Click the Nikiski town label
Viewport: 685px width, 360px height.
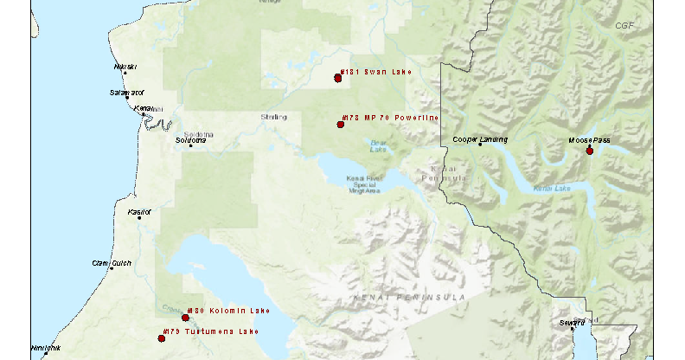click(125, 67)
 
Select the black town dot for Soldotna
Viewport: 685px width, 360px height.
click(190, 145)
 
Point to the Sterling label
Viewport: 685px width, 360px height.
click(273, 117)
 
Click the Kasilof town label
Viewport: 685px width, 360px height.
click(138, 211)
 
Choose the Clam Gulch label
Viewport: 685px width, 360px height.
click(112, 262)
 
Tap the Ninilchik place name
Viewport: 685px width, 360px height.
click(47, 348)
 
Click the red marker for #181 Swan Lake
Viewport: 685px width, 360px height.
click(338, 78)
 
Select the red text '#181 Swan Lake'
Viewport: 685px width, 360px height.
click(375, 72)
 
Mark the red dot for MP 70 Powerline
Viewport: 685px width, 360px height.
click(341, 125)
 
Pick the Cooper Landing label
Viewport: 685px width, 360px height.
click(480, 139)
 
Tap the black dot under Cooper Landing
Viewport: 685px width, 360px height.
click(481, 145)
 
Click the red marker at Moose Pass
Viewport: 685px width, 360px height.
click(590, 151)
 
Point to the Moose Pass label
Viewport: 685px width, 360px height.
click(589, 139)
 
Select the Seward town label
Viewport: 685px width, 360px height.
click(571, 323)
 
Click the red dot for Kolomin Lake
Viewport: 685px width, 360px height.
click(185, 318)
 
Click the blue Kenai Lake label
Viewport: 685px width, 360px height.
click(552, 188)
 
